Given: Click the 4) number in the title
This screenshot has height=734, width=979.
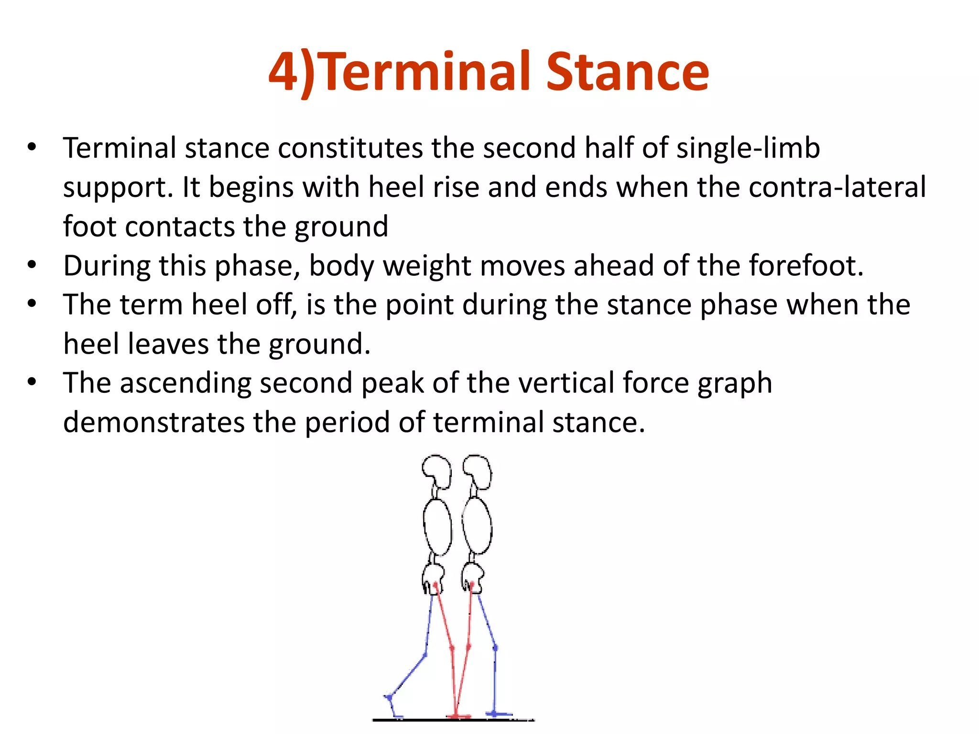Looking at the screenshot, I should point(292,73).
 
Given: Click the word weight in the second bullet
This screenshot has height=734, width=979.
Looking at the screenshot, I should point(427,266).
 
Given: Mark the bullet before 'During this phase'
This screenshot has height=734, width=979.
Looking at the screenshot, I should point(32,265).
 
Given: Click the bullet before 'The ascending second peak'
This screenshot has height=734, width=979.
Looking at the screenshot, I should point(32,382).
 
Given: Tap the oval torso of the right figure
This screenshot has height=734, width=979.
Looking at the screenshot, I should point(477,526).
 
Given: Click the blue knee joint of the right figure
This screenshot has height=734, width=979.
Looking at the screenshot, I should point(495,648).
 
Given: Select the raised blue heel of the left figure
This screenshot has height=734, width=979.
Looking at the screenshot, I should point(389,698).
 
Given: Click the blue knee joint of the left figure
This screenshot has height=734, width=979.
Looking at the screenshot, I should point(425,655).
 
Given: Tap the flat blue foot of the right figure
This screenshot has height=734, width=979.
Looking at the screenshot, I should point(500,714).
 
